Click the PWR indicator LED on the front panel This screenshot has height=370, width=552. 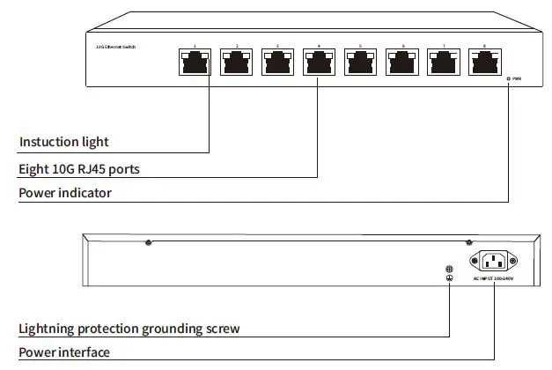click(x=509, y=78)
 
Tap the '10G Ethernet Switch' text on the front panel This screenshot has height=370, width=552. click(x=116, y=45)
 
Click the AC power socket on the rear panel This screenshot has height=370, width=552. click(x=493, y=261)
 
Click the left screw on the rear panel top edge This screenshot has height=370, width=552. click(x=148, y=242)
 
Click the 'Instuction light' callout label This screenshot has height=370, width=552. click(x=63, y=142)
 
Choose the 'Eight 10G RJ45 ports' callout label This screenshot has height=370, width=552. click(x=80, y=167)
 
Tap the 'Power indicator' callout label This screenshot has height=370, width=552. click(x=65, y=192)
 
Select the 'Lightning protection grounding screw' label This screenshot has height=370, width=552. click(x=129, y=329)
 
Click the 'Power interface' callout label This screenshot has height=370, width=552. click(x=64, y=352)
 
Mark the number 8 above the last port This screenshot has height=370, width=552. click(x=484, y=45)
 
